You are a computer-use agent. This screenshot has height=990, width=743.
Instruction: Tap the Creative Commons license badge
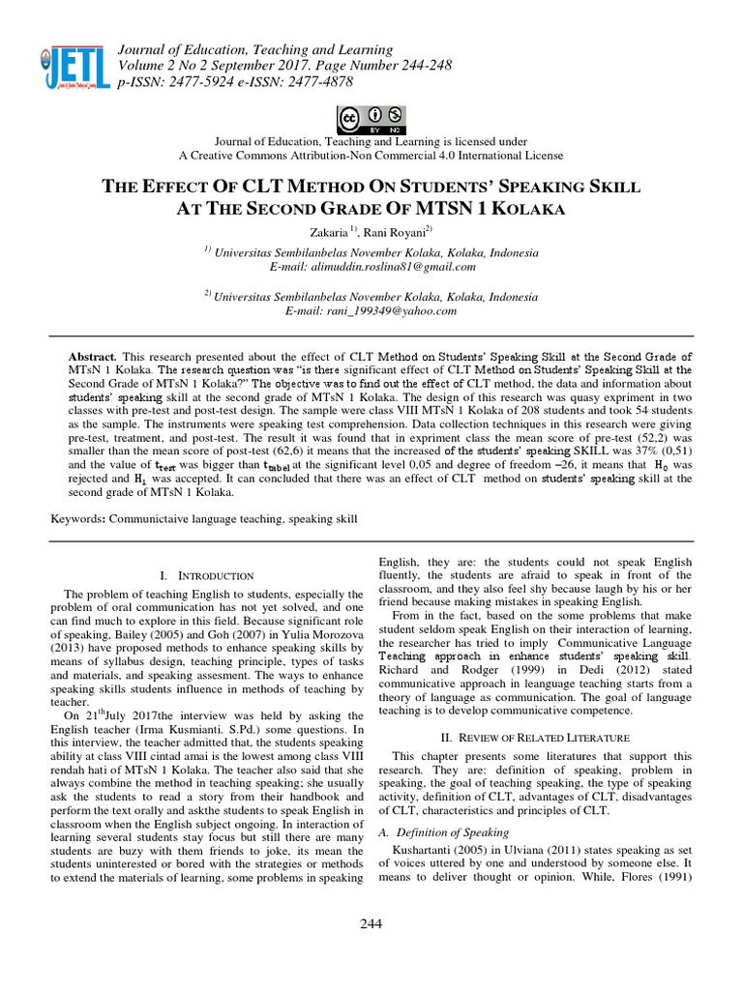pos(371,119)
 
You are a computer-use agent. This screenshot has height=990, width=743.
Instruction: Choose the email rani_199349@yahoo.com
pos(371,311)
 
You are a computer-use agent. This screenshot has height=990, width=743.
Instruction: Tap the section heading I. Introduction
pos(206,575)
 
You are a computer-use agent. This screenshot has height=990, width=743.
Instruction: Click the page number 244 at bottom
pos(371,923)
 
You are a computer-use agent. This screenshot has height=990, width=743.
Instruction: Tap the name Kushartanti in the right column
pos(422,853)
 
